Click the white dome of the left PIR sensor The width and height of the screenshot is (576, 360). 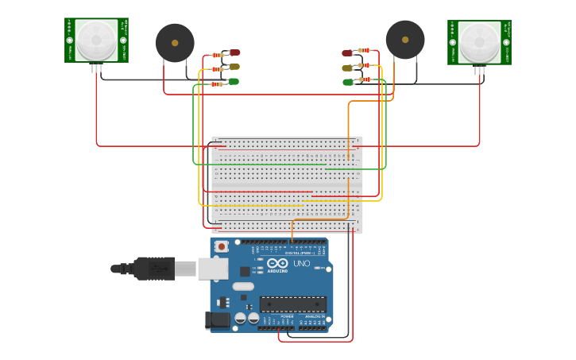tap(96, 39)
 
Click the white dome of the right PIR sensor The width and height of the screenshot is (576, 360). tap(479, 41)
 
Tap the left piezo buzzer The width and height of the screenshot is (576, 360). tap(175, 43)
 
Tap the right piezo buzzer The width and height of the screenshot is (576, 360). tap(405, 40)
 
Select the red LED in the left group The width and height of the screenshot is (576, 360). tap(234, 52)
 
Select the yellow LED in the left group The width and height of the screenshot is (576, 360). tap(234, 67)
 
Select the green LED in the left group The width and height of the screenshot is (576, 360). tap(234, 81)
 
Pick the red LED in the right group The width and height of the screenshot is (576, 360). tap(347, 53)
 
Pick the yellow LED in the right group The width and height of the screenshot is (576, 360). tap(347, 68)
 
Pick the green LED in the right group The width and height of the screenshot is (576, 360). tap(348, 82)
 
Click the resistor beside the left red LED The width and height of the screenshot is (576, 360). tap(217, 56)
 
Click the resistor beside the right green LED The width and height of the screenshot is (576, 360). tap(364, 79)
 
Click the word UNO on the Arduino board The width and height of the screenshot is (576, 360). tap(302, 264)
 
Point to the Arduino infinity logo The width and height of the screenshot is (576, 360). tap(278, 263)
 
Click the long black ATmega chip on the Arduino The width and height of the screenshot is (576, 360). tap(293, 304)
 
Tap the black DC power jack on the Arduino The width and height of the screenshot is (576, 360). tap(218, 320)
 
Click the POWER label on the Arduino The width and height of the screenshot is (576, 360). tap(286, 316)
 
